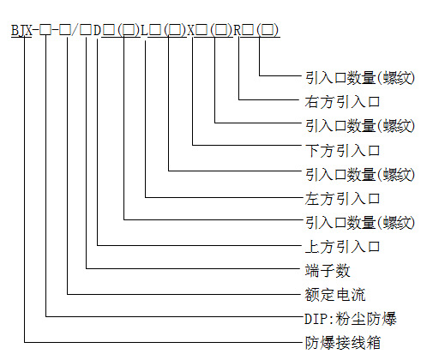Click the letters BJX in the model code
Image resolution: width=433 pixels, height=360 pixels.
click(21, 30)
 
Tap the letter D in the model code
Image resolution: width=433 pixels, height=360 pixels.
click(97, 30)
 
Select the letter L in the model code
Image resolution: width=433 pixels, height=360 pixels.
click(144, 30)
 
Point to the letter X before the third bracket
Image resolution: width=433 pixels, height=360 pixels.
click(190, 30)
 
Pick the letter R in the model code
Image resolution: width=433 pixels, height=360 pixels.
click(238, 30)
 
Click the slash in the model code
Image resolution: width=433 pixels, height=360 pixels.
click(75, 30)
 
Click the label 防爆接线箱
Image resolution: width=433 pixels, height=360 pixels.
click(343, 343)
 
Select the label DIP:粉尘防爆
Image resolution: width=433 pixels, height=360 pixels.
click(351, 319)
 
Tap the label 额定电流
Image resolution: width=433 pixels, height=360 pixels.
click(335, 295)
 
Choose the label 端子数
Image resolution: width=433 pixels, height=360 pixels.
click(328, 270)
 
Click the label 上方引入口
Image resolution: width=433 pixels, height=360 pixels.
click(342, 246)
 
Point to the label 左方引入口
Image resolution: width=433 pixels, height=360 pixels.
click(342, 198)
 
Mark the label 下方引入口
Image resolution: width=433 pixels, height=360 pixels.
click(342, 150)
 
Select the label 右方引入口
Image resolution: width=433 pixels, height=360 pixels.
click(342, 102)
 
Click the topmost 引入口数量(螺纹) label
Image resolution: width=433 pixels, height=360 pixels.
click(360, 78)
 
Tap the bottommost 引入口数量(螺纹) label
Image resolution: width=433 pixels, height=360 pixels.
click(360, 222)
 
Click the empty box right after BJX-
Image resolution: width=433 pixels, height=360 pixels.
click(45, 30)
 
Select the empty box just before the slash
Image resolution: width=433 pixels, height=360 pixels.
click(65, 30)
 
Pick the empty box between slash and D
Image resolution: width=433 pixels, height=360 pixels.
click(86, 30)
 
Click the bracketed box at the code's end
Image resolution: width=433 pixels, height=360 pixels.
click(268, 30)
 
